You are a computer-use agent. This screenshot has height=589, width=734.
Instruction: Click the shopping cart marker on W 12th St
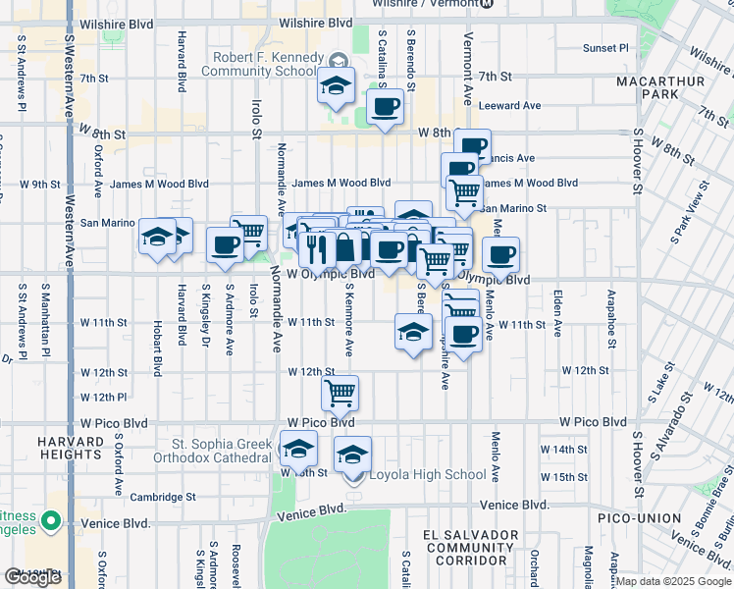340,393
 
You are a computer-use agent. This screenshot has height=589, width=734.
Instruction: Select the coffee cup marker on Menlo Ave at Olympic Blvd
500,255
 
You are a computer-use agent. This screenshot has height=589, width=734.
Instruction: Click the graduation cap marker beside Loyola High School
353,455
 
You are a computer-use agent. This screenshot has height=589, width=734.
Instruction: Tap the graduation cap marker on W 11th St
413,331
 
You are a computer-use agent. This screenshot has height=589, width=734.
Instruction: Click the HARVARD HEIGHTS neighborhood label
71,448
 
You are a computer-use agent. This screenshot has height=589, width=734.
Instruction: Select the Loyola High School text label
427,475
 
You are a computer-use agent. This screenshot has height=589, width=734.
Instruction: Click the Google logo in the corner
32,576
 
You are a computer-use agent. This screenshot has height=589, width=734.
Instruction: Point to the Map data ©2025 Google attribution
673,581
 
